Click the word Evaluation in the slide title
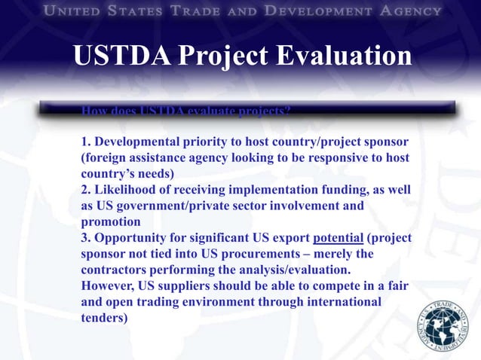332,57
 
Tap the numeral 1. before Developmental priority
86,142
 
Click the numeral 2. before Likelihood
86,190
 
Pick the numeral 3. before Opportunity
86,237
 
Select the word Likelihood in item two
125,190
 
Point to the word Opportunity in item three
129,237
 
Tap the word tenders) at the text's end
104,317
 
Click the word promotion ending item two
110,222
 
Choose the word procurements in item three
267,254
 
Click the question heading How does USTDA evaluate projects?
185,111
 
